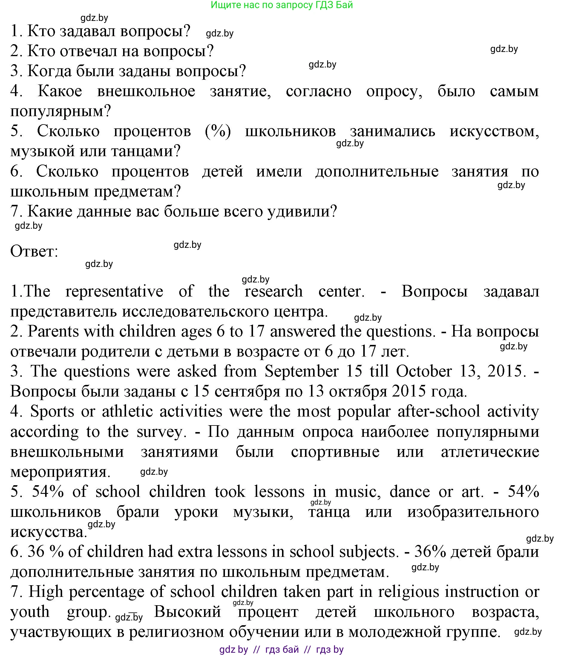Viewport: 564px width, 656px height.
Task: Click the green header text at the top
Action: click(x=281, y=5)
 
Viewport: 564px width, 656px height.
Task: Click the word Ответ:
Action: click(x=34, y=251)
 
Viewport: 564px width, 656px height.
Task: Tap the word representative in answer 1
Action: click(x=114, y=291)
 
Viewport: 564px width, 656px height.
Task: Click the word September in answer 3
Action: click(x=301, y=371)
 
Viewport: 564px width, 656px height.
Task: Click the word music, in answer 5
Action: click(x=358, y=492)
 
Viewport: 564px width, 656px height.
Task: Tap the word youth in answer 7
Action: click(x=30, y=612)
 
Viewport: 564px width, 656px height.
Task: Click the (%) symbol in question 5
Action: click(x=218, y=131)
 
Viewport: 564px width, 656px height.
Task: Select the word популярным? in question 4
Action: click(x=60, y=111)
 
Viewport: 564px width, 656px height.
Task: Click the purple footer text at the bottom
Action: click(x=281, y=650)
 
